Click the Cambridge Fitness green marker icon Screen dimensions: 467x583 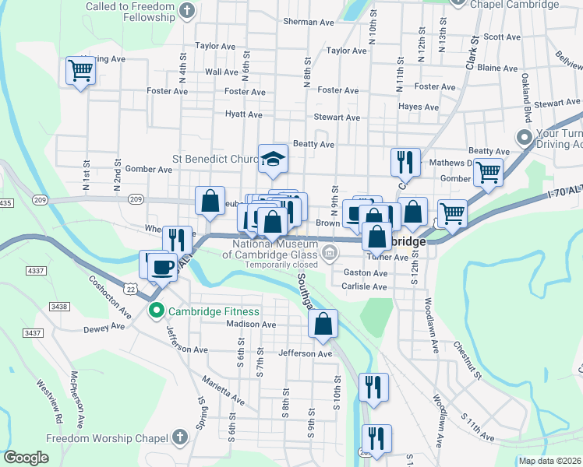[x=156, y=312]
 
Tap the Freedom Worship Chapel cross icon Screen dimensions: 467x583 [x=181, y=437]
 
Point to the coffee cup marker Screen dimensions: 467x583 [x=162, y=266]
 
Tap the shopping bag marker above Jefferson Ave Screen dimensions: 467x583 [x=323, y=324]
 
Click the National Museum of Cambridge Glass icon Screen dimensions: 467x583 [x=330, y=251]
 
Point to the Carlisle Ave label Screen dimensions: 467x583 [x=364, y=286]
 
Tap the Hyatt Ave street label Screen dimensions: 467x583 [x=244, y=114]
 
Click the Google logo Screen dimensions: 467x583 [x=26, y=458]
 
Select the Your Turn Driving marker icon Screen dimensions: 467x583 [x=525, y=137]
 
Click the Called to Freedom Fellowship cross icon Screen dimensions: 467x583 [x=185, y=10]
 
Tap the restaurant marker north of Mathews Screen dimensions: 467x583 [x=405, y=162]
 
